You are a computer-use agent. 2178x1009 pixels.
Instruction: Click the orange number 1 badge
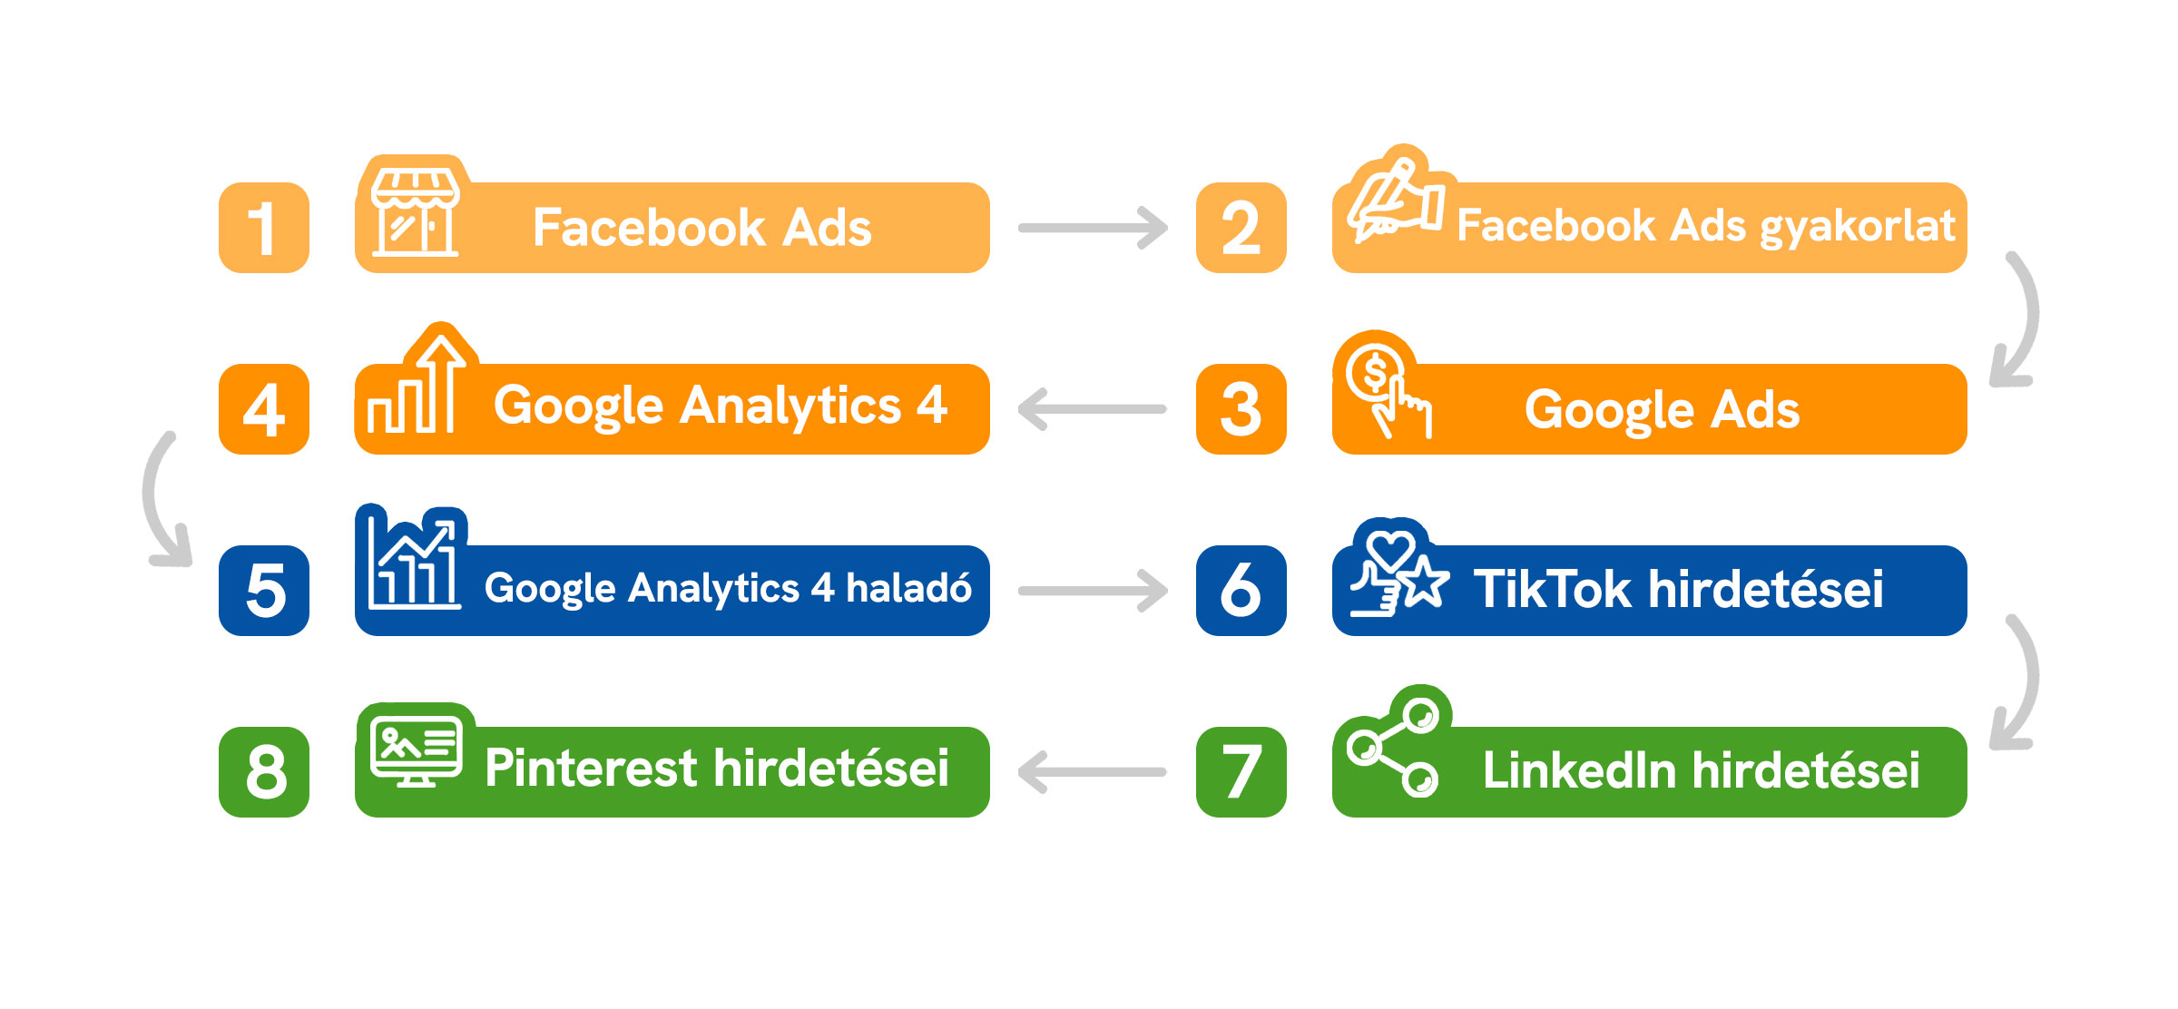(263, 228)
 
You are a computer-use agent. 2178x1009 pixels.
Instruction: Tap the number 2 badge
(1241, 228)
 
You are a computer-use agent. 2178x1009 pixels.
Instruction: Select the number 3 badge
(1241, 409)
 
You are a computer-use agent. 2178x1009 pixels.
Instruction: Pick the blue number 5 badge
(263, 591)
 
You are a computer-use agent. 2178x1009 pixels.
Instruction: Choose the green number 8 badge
(263, 772)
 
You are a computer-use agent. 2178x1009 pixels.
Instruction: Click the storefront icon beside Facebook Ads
(416, 211)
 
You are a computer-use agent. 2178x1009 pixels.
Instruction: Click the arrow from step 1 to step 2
(1093, 228)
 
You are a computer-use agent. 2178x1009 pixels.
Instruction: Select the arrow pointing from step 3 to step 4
(1093, 409)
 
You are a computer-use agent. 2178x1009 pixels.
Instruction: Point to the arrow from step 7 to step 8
(1093, 772)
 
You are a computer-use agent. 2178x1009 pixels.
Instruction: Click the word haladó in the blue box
(908, 588)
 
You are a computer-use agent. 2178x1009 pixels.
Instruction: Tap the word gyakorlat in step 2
(1858, 227)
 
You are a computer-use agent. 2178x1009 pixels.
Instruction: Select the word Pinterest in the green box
(590, 769)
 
